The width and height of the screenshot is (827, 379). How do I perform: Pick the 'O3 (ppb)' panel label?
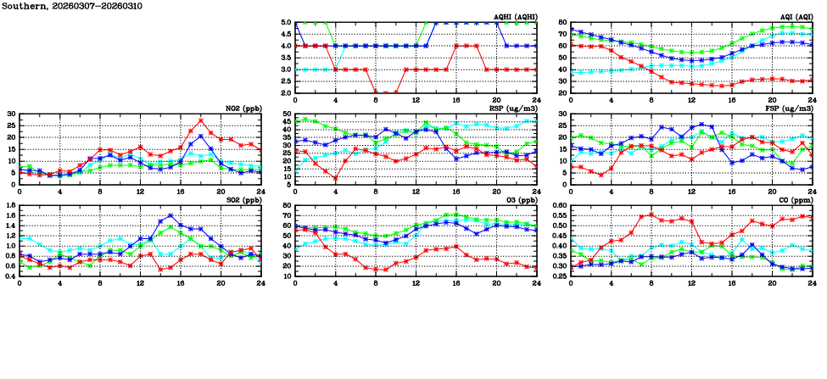point(519,200)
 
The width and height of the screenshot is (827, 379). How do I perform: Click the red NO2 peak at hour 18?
point(200,121)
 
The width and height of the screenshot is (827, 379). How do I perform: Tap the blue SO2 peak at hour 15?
point(170,215)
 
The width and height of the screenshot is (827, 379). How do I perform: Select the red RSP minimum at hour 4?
point(336,178)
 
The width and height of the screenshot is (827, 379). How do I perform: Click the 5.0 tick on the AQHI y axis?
point(286,23)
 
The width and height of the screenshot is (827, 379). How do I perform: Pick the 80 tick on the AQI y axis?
point(562,23)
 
